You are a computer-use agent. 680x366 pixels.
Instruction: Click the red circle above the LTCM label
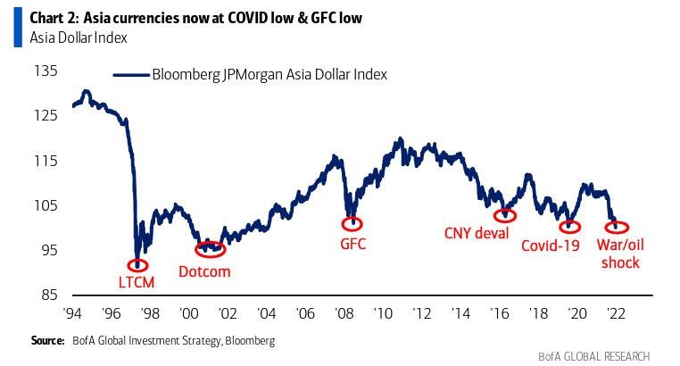(138, 265)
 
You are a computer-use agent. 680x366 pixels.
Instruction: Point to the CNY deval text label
(477, 234)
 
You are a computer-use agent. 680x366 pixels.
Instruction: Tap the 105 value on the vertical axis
(46, 205)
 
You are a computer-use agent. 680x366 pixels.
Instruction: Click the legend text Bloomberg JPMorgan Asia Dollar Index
(270, 75)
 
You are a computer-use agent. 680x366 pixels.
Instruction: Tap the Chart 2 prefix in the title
(54, 18)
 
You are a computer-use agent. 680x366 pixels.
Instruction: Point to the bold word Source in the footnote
(47, 340)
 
